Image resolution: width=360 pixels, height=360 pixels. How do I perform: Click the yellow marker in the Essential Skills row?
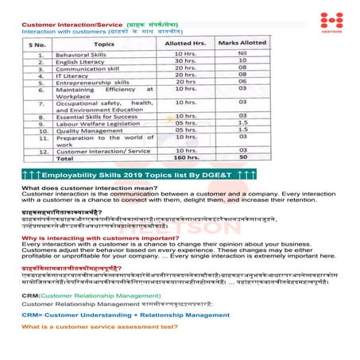point(169,118)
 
